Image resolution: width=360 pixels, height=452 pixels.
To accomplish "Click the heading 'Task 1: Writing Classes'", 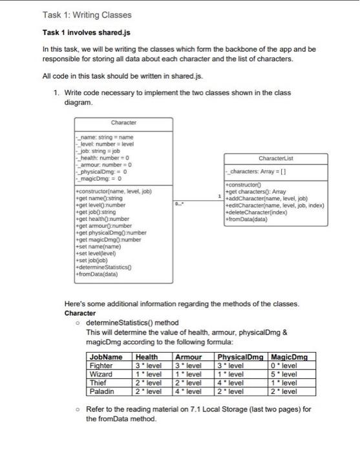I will tap(87, 14).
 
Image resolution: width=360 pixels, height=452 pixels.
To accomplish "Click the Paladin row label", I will tap(101, 391).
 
